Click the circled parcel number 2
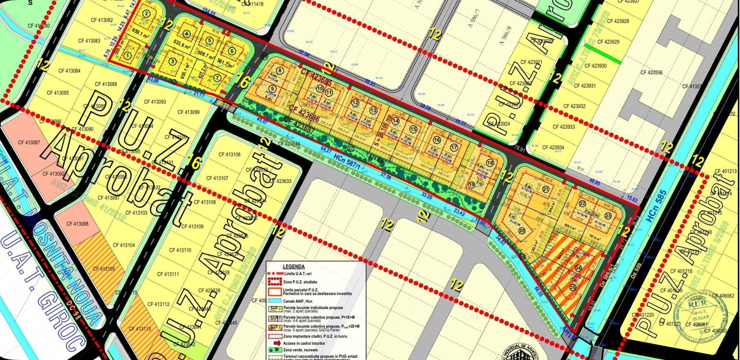[146, 14]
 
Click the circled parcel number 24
[578, 268]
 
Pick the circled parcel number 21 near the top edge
[546, 189]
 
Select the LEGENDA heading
[294, 266]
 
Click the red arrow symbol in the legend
[277, 343]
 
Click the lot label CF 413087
[29, 143]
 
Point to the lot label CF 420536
[651, 72]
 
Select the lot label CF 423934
[553, 148]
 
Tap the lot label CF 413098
[77, 224]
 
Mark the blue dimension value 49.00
[594, 183]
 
